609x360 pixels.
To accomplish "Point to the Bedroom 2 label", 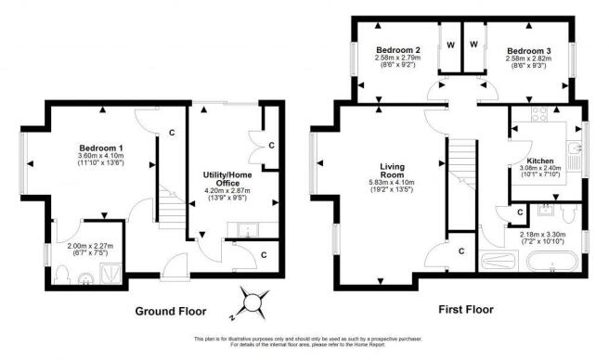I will click(x=398, y=49).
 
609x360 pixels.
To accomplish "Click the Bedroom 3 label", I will click(x=528, y=49).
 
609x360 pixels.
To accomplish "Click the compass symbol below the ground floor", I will click(x=254, y=301).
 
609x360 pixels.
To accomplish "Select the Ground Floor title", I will click(x=171, y=311).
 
